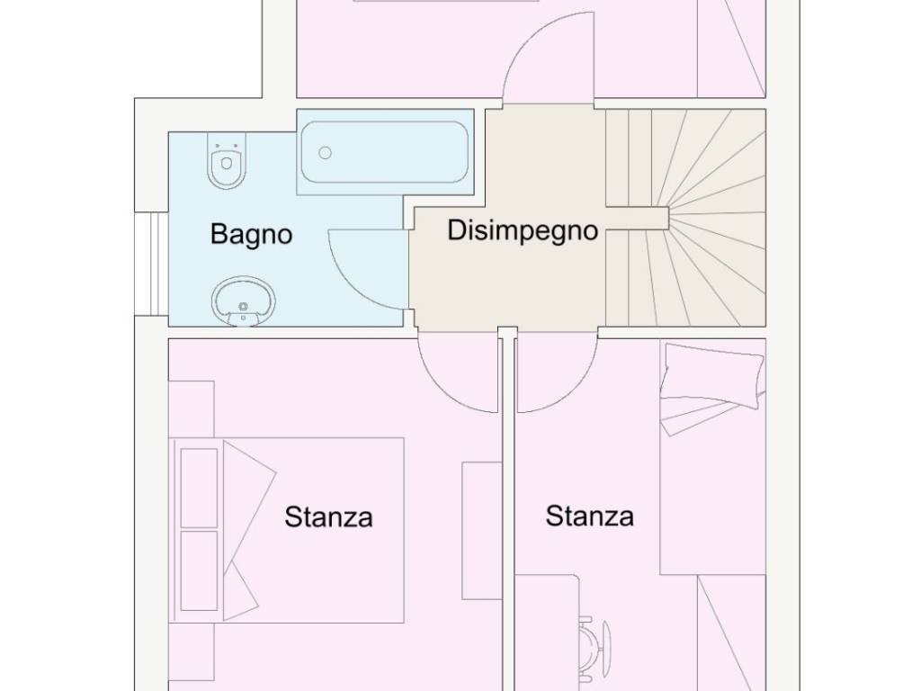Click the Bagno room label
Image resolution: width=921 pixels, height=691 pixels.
252,235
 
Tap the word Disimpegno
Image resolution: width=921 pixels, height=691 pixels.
523,231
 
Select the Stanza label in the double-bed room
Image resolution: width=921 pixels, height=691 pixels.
328,517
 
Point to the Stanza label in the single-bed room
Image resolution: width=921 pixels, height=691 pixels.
590,516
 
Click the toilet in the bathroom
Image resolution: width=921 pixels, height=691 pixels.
226,161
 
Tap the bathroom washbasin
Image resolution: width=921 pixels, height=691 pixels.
243,301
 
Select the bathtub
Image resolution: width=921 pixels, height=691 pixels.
385,152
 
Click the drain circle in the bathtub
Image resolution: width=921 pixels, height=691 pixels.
325,153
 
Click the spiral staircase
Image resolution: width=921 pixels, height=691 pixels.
686,218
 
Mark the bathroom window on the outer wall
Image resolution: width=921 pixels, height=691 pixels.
151,264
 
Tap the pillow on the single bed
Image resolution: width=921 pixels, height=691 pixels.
713,376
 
